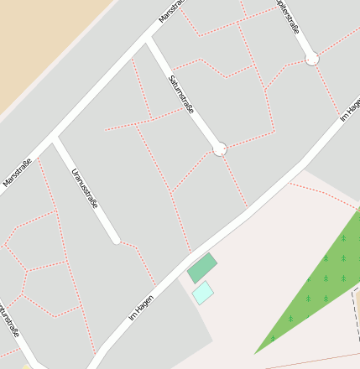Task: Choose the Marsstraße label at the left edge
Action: point(18,173)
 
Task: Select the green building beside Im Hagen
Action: point(201,268)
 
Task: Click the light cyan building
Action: point(203,293)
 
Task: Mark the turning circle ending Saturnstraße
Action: point(220,149)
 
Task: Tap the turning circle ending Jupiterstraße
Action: point(312,59)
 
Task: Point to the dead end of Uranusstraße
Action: point(116,239)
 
